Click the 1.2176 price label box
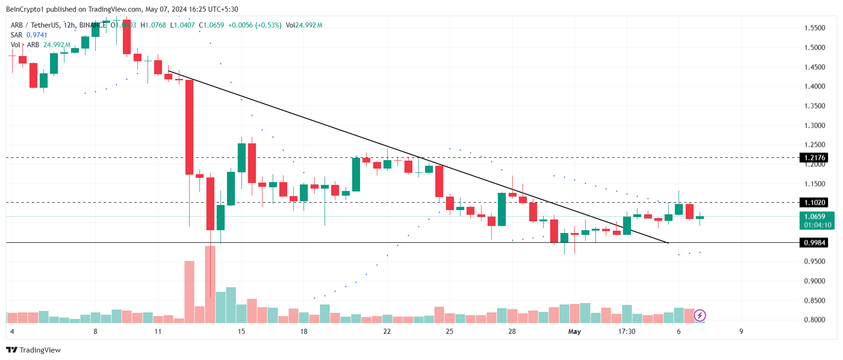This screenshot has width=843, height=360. (814, 158)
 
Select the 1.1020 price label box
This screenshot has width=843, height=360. (814, 203)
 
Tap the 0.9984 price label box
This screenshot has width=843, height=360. (814, 243)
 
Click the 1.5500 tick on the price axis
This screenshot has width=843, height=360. (815, 28)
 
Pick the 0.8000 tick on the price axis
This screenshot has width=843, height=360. (815, 320)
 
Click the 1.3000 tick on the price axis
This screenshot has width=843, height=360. (815, 126)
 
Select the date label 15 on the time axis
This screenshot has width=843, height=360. (241, 332)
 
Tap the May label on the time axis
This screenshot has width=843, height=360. (574, 332)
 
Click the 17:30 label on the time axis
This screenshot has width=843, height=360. (627, 332)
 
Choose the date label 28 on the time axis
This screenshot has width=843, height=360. (512, 332)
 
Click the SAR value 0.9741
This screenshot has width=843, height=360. (37, 35)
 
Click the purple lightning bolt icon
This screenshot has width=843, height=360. (700, 316)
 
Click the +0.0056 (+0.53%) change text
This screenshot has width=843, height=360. (255, 25)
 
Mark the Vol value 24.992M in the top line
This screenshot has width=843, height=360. (309, 25)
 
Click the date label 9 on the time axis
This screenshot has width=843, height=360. (741, 332)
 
